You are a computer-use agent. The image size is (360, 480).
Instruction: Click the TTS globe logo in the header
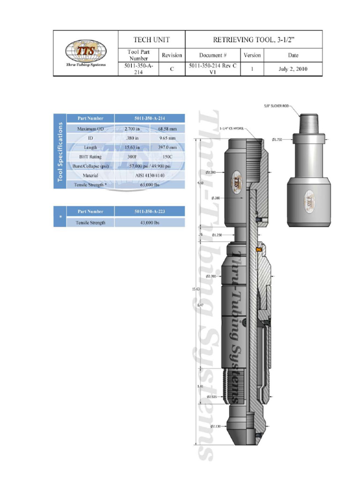point(86,50)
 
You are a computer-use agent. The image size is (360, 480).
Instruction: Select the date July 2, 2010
point(293,69)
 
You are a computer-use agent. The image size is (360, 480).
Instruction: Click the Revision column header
point(172,55)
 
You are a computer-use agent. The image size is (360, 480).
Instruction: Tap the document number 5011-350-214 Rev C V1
point(213,69)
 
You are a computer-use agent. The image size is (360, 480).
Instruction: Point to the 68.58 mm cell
point(167,128)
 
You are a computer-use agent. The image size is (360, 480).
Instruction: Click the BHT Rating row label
point(90,157)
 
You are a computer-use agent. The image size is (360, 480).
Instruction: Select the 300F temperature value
point(132,157)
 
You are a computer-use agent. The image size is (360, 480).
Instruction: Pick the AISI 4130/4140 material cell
point(150,175)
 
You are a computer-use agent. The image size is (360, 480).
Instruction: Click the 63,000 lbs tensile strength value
point(150,185)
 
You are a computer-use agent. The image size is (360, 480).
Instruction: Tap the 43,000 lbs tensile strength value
point(150,223)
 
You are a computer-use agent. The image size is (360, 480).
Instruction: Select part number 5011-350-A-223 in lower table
point(150,212)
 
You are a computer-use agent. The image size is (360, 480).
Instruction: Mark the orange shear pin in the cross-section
point(258,249)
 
